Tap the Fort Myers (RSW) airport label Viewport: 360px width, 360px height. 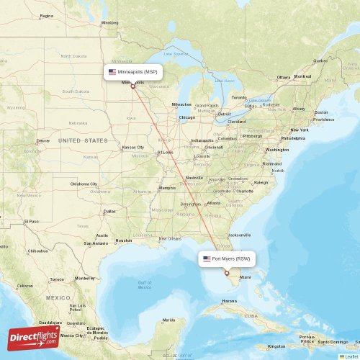tap(226, 258)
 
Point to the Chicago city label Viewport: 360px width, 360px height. tap(186, 117)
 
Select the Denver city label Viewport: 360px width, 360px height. tap(43, 140)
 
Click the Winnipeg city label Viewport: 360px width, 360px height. tap(109, 22)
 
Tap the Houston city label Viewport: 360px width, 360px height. tap(124, 240)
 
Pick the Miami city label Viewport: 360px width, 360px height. tap(245, 277)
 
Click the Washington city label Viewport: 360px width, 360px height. tap(277, 150)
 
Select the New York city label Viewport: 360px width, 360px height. tap(299, 130)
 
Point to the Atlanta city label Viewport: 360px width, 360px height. tap(214, 203)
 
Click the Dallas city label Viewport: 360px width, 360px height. tap(109, 211)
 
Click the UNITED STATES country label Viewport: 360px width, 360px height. tap(83, 140)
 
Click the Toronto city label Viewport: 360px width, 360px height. tap(238, 98)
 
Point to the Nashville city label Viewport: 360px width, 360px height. tap(194, 177)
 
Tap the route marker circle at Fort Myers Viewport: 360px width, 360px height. tap(226, 273)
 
